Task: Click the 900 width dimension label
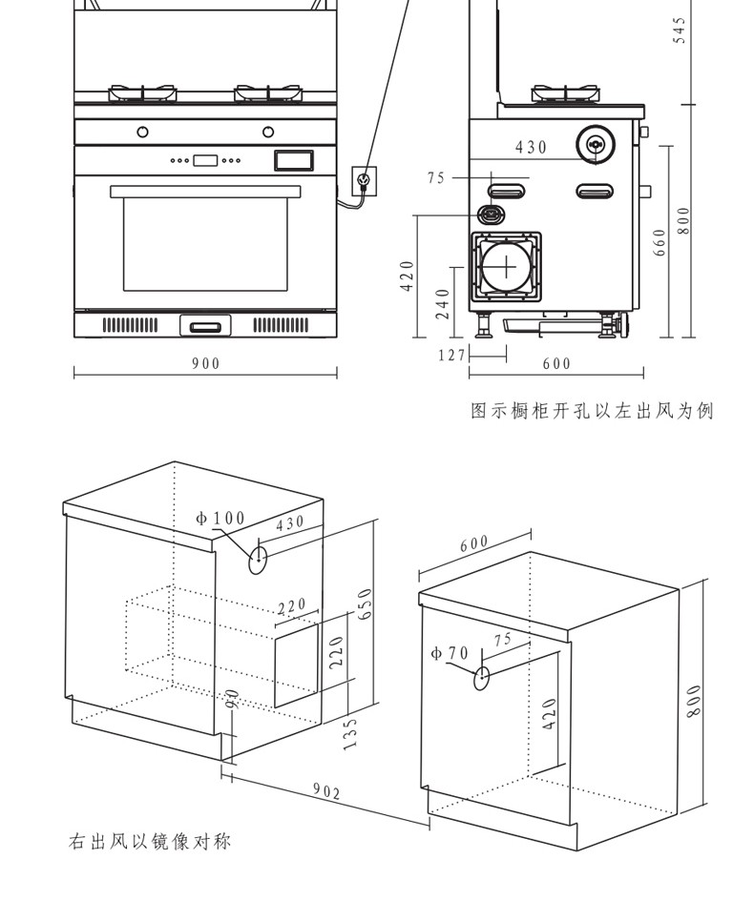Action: [x=205, y=363]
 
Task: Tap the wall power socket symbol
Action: [x=364, y=178]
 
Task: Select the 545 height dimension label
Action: [x=680, y=35]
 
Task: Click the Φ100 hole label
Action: [x=220, y=519]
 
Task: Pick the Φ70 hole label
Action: [x=450, y=653]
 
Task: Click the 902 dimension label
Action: [x=326, y=790]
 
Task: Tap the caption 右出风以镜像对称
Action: [x=150, y=842]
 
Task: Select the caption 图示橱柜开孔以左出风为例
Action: [x=592, y=411]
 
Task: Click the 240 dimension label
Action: [x=442, y=305]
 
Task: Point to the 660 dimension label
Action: [x=660, y=240]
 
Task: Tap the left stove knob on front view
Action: [x=142, y=131]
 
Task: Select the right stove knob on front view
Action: [x=268, y=131]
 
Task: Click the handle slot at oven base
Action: [x=205, y=327]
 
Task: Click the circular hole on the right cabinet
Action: [x=483, y=678]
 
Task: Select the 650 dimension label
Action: [x=365, y=603]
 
